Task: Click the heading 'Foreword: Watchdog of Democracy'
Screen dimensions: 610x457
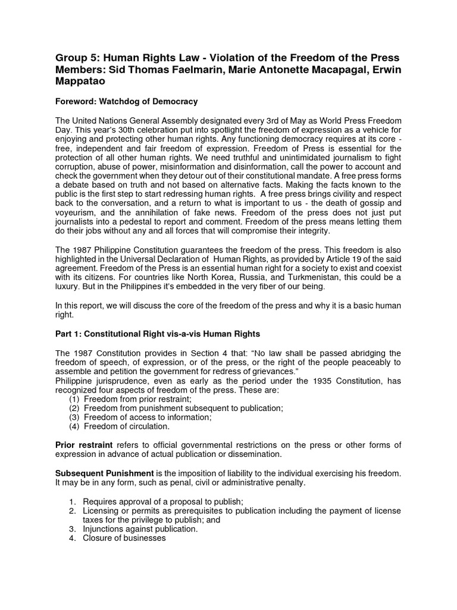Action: (x=126, y=101)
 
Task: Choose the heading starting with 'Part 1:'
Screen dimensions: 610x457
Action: (x=158, y=333)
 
